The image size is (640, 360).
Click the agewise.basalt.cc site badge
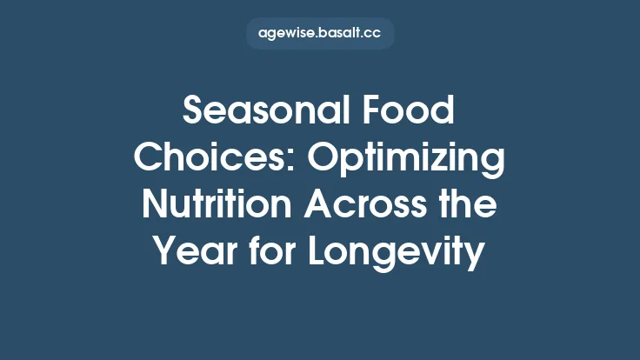click(320, 34)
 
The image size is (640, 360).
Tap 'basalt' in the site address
click(338, 34)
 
